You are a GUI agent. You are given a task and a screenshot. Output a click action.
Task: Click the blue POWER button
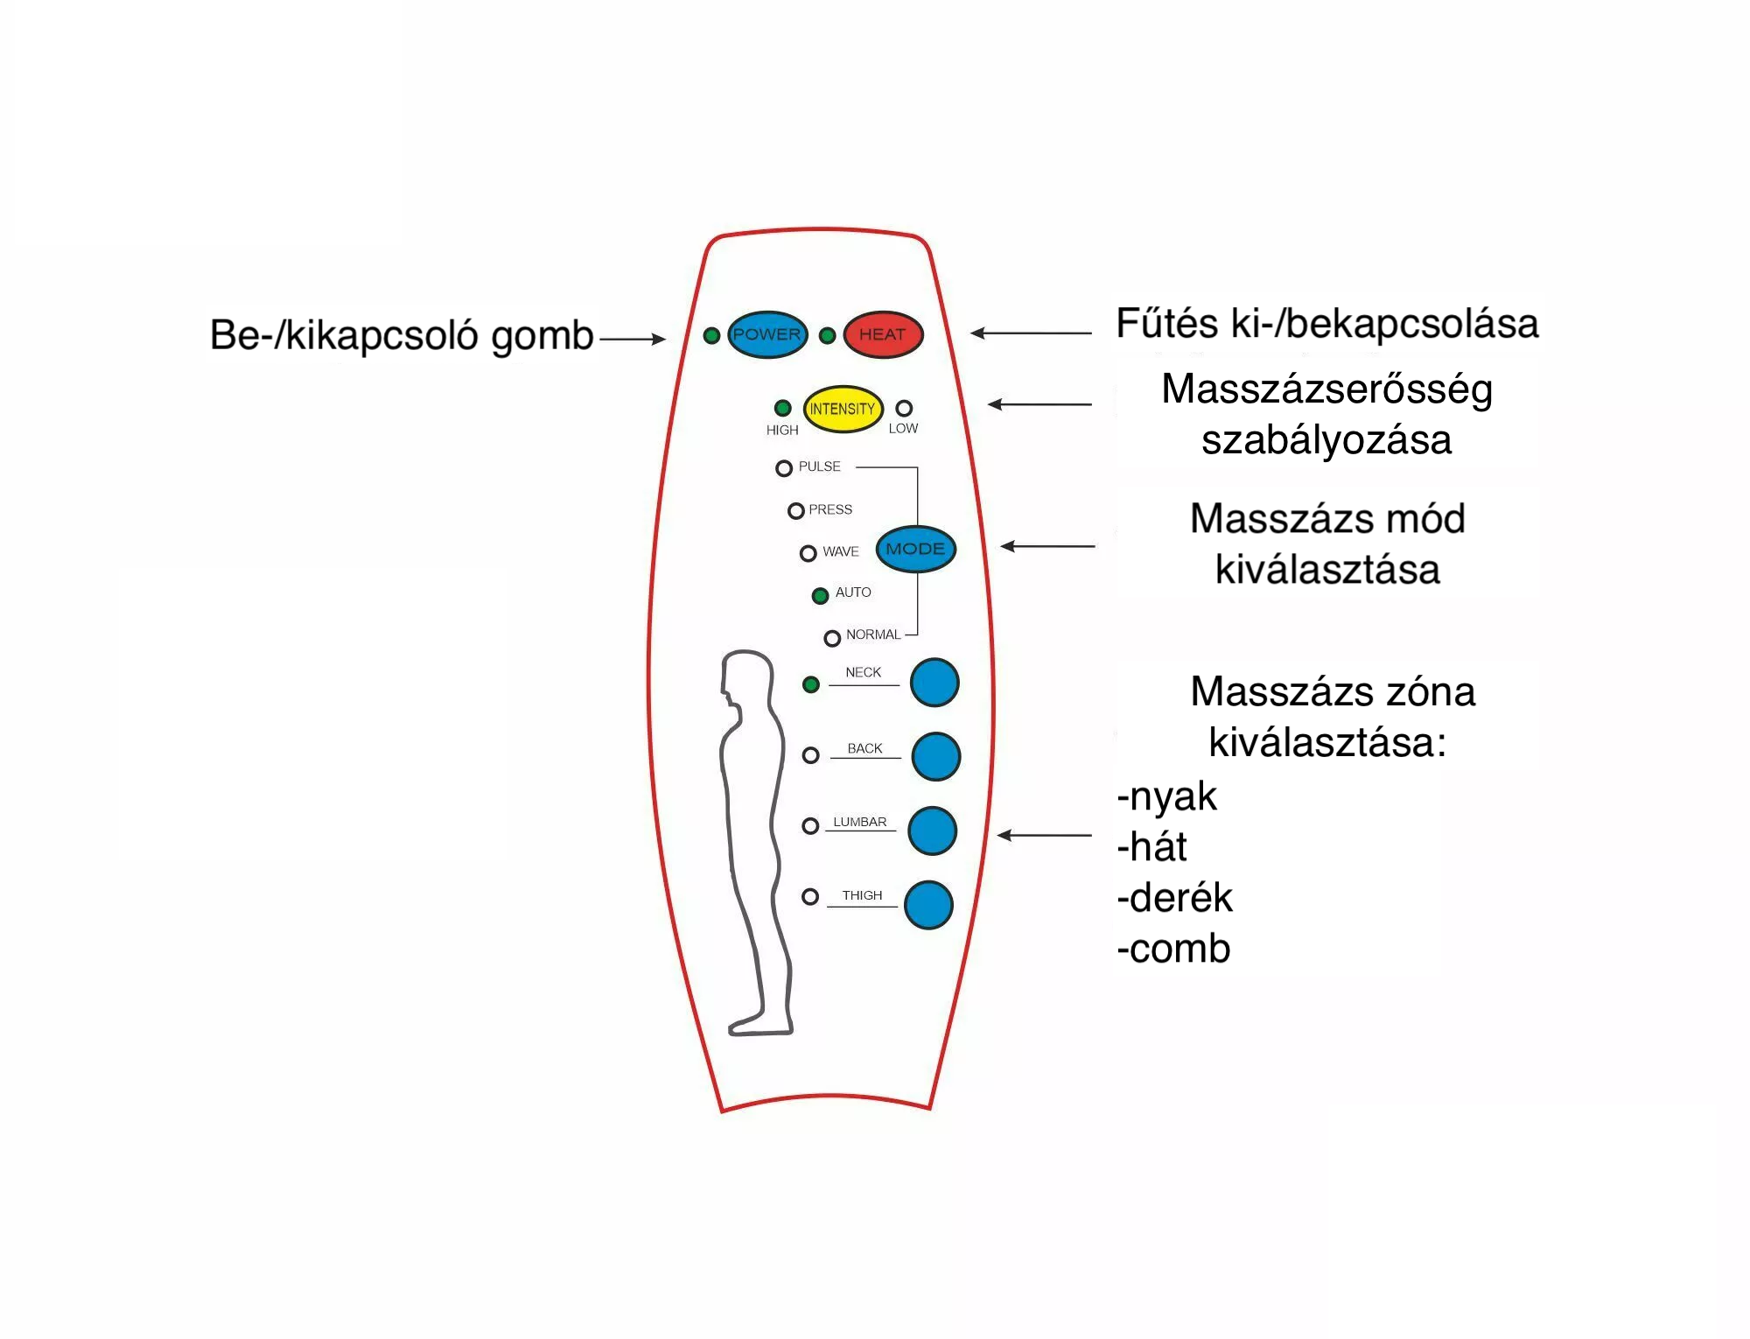(766, 334)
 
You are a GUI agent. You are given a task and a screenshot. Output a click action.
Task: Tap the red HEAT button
(882, 334)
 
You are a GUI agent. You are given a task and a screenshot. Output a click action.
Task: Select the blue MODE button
(915, 549)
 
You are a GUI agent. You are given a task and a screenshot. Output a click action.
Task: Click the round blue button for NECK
(934, 683)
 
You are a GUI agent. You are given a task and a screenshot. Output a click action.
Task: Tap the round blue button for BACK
(935, 756)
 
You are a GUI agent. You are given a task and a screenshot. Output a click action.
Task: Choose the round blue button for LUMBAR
(932, 831)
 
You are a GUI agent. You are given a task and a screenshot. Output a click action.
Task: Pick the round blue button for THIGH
(928, 904)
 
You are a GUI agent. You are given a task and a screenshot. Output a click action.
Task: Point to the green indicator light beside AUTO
(820, 596)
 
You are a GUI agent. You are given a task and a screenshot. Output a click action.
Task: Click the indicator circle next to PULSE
(784, 468)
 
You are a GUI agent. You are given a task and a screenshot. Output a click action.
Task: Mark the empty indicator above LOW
(904, 408)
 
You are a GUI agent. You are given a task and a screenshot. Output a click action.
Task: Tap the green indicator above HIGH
(783, 408)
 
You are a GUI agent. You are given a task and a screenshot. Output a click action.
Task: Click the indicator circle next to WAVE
(808, 553)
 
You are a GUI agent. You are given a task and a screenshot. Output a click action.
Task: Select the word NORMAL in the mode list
(872, 634)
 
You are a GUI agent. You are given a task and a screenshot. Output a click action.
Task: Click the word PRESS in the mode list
(829, 509)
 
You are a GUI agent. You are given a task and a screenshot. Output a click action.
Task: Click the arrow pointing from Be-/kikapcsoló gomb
(632, 339)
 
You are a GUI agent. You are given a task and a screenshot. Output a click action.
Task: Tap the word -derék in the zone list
(1174, 898)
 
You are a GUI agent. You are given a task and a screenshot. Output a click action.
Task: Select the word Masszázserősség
(1326, 389)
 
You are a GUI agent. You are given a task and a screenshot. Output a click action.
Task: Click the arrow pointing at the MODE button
(1047, 546)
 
